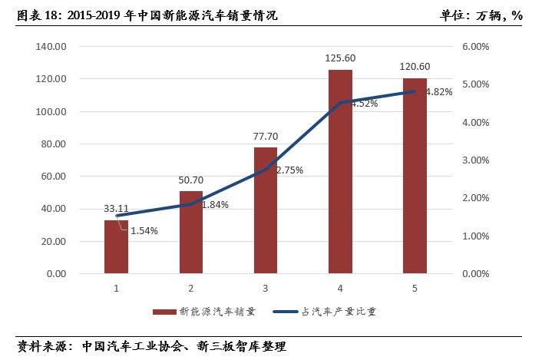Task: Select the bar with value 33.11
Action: (116, 246)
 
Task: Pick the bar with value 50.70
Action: (190, 232)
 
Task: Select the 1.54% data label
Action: (144, 231)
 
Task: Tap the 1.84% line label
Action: (214, 204)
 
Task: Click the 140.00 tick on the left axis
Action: (52, 47)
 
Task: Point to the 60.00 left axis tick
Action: (55, 177)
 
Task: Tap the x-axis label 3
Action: (266, 289)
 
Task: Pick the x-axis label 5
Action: (415, 289)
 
